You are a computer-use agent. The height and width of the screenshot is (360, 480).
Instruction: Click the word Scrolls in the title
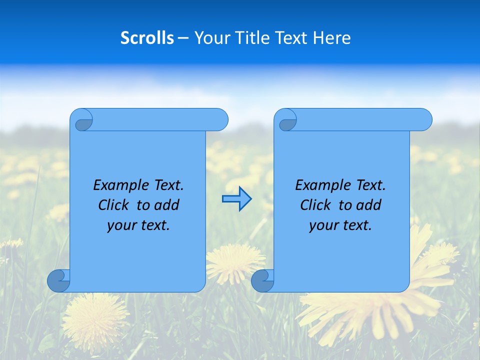[147, 38]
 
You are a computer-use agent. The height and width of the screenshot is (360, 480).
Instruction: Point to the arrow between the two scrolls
[236, 199]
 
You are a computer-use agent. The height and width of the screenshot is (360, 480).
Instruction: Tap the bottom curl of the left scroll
[58, 280]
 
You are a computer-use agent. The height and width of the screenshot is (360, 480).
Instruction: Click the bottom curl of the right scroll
[262, 280]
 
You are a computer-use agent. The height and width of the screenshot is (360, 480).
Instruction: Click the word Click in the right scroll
[315, 205]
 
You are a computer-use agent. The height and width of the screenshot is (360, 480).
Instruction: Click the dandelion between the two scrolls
[235, 260]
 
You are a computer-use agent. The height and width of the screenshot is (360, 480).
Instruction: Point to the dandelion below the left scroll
[95, 320]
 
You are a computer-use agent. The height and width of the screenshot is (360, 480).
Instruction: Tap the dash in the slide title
[183, 38]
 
